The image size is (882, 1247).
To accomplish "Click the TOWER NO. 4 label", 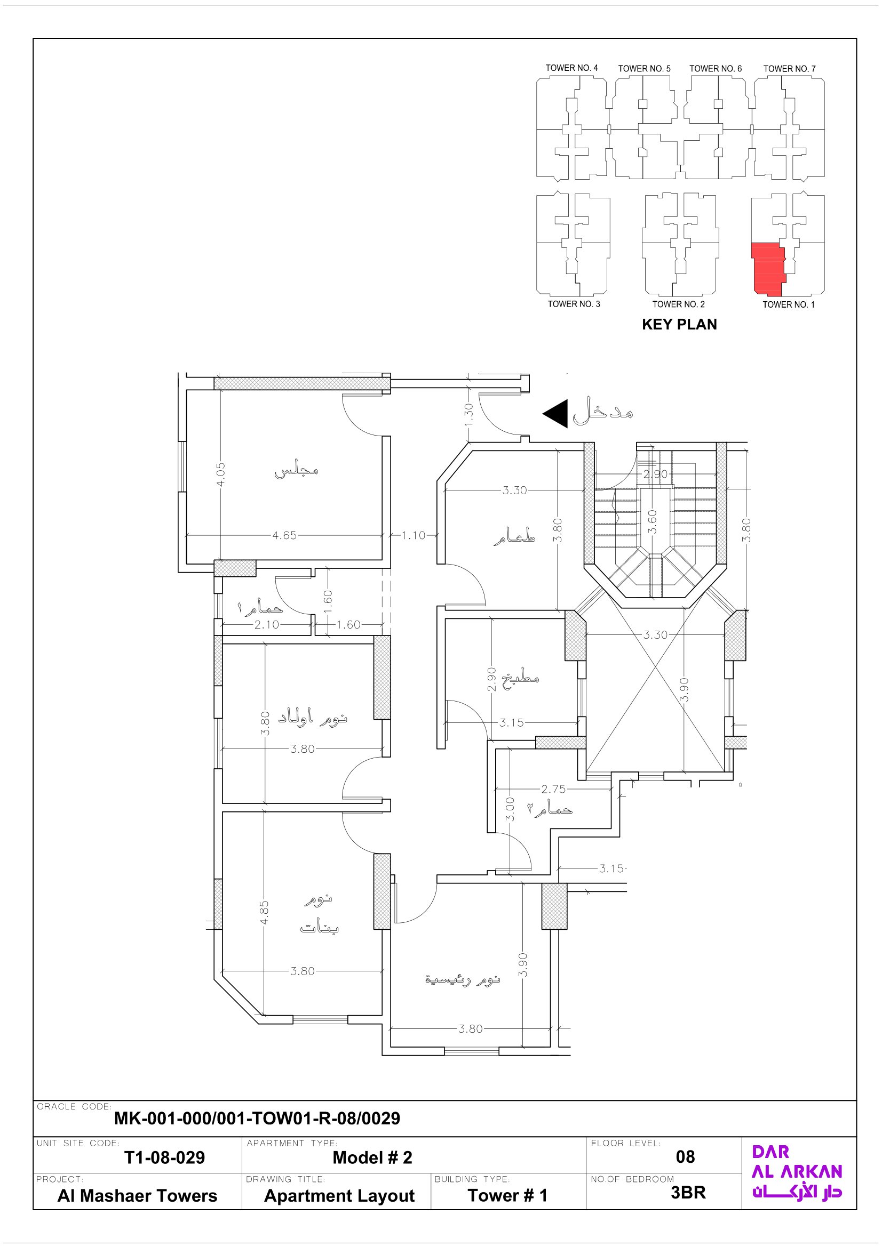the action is (x=571, y=68).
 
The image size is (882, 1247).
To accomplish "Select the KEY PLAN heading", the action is (x=679, y=324).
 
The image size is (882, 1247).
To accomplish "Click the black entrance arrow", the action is (x=555, y=413).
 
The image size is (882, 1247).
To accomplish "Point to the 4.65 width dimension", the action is (x=284, y=535).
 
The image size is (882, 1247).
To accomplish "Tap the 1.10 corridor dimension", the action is (x=413, y=535).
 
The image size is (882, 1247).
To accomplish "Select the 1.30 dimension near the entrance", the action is (x=469, y=414).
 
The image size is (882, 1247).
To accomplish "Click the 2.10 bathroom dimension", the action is (x=266, y=625).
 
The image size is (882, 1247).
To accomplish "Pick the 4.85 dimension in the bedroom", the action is (x=264, y=912).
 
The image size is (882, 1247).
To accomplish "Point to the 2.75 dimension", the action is (x=553, y=789).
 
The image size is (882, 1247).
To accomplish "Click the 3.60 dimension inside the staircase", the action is (x=653, y=521).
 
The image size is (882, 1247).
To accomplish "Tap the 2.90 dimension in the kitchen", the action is (x=491, y=679).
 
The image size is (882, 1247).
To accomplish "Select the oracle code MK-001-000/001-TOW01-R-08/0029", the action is (x=257, y=1119).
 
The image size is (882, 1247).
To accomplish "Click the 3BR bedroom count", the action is (x=688, y=1192).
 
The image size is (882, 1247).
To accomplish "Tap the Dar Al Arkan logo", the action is (x=797, y=1172).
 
